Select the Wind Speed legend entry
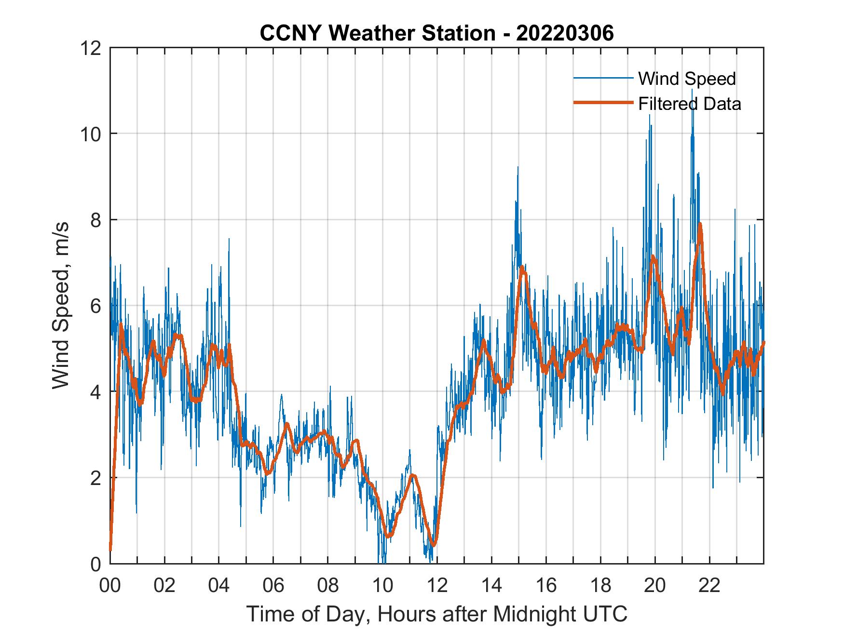(686, 79)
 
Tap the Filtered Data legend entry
(689, 104)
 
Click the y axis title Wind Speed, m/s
(61, 306)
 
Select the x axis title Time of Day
(436, 614)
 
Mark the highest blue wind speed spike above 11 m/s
(693, 91)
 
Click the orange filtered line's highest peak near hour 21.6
(700, 224)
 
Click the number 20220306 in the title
(565, 33)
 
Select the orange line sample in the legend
(603, 103)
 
